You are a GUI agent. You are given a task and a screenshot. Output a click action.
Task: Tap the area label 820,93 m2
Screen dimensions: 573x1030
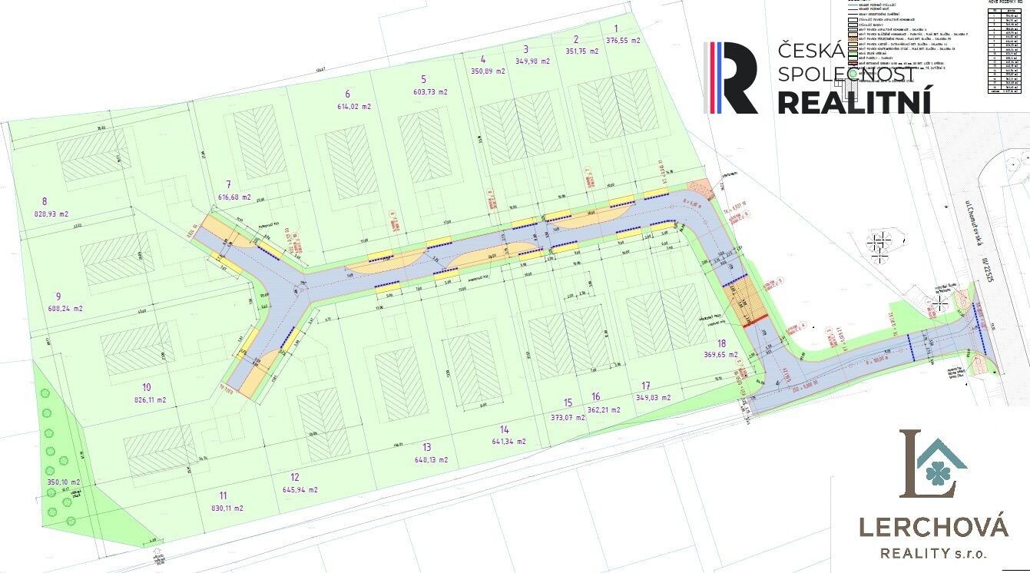[51, 214]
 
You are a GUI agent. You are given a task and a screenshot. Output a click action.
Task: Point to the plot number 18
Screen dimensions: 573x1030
[720, 343]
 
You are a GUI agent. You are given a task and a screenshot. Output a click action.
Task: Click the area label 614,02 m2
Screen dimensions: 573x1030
[353, 108]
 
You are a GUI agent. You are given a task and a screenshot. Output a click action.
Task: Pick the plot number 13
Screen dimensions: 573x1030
[427, 447]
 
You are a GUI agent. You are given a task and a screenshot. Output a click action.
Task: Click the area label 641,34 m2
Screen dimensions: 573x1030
[508, 442]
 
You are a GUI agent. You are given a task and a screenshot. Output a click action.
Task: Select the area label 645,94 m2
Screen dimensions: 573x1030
[300, 489]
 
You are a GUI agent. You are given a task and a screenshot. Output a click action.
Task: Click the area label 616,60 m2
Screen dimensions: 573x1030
[235, 197]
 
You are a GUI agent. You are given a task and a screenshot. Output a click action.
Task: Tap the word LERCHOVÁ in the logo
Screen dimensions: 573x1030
[932, 528]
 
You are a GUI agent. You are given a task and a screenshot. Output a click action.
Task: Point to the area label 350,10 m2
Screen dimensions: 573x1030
[62, 482]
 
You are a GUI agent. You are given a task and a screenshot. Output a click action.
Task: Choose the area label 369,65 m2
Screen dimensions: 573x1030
[720, 355]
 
